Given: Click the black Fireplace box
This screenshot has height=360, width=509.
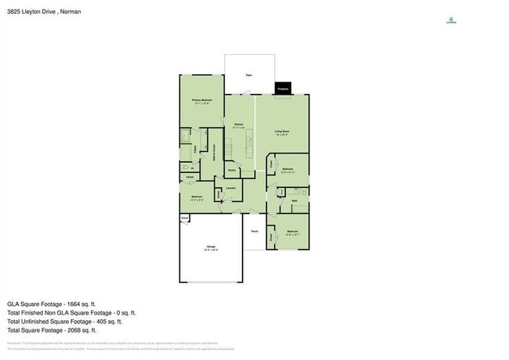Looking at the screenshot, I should coord(283,89).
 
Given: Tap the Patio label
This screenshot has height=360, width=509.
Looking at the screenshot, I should coord(248,75).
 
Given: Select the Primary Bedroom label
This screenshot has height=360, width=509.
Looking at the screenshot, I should coord(202,101).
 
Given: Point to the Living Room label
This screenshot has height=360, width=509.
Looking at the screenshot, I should coord(282,131).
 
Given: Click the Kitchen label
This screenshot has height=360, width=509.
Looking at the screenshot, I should coord(239,124).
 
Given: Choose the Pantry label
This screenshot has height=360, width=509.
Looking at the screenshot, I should coord(232,170).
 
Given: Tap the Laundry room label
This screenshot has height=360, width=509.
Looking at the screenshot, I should coord(231,189).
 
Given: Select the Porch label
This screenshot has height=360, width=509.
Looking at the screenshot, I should coord(254,232).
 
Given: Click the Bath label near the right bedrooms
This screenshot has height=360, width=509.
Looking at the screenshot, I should coord(294,201).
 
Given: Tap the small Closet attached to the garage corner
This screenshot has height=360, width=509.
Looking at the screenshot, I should coord(185,218).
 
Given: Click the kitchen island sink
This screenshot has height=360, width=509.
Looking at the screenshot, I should coord(249,142).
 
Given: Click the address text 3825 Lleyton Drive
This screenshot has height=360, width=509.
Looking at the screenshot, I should coord(34,12).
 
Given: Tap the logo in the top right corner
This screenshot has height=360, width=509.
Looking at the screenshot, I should coord(451,21).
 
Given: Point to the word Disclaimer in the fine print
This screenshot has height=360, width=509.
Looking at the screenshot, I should coord(14,343).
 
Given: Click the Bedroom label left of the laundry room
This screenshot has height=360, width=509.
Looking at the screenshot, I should coord(196,197).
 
